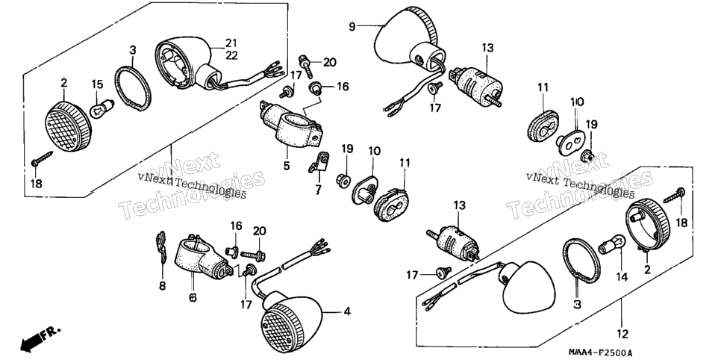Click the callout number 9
(x=352, y=27)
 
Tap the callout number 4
(x=347, y=311)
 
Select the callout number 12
(x=623, y=334)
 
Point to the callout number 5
(x=287, y=166)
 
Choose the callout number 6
(x=193, y=298)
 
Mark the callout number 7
(x=318, y=190)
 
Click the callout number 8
(x=162, y=286)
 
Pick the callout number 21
(x=231, y=43)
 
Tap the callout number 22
(x=231, y=55)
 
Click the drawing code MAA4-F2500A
(x=599, y=353)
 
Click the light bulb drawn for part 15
(x=102, y=110)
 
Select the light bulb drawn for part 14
(x=612, y=244)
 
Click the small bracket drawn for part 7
(x=319, y=163)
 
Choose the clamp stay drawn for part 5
(x=291, y=123)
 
